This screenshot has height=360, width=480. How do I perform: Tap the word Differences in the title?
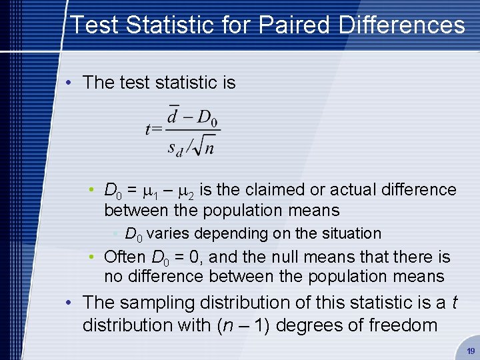pyautogui.click(x=402, y=25)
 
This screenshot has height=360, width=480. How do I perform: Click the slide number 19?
pyautogui.click(x=471, y=351)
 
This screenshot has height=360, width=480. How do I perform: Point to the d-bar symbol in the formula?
pyautogui.click(x=173, y=117)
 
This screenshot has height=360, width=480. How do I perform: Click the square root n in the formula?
pyautogui.click(x=205, y=146)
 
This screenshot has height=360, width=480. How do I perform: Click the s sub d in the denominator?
pyautogui.click(x=175, y=147)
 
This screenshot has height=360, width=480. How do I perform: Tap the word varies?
pyautogui.click(x=167, y=234)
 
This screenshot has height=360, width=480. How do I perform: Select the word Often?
pyautogui.click(x=125, y=257)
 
